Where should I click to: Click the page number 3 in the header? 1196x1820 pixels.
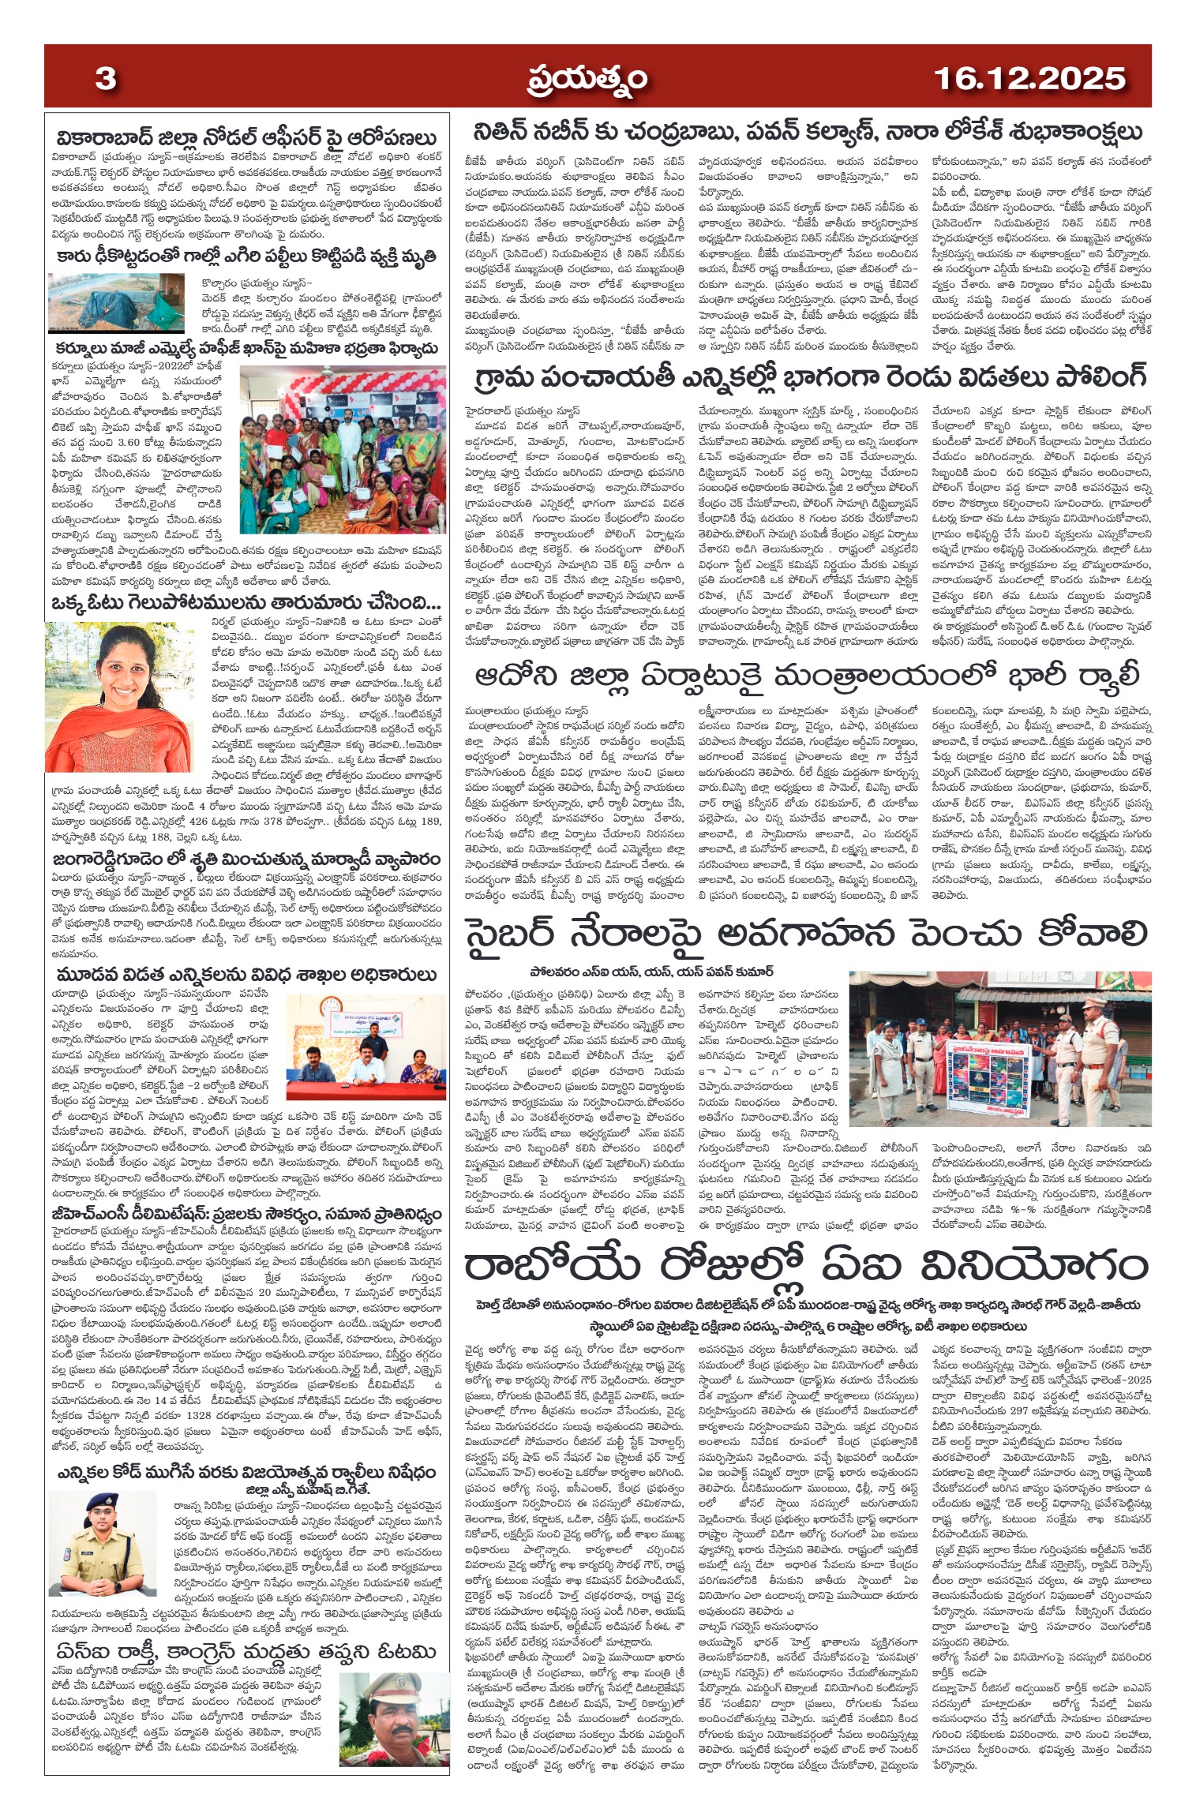[x=106, y=79]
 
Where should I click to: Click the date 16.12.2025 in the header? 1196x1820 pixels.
[x=1029, y=79]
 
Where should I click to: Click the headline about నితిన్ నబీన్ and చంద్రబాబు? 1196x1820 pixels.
[x=808, y=132]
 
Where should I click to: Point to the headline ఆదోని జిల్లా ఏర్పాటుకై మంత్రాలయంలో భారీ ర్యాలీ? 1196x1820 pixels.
[x=807, y=676]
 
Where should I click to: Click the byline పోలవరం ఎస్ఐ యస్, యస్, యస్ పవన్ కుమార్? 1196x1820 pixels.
[x=651, y=972]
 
